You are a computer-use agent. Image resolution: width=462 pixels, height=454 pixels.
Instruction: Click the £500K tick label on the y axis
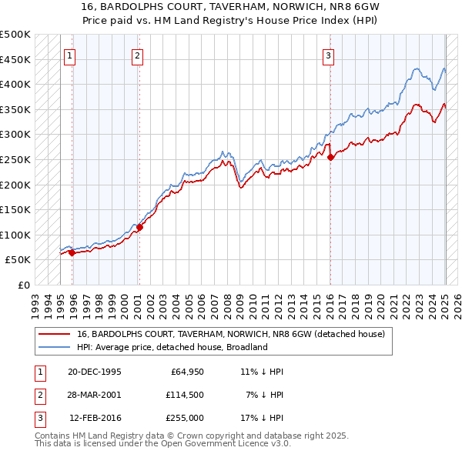click(x=15, y=35)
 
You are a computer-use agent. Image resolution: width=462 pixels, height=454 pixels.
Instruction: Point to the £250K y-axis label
click(x=15, y=159)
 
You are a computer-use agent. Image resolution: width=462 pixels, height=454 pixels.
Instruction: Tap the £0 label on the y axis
click(x=24, y=285)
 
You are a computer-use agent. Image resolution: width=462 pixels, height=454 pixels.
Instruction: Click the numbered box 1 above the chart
click(x=69, y=55)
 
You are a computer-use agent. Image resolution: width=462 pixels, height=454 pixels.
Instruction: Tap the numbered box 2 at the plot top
click(x=136, y=55)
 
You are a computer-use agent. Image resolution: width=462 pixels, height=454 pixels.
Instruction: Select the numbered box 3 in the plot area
click(x=328, y=55)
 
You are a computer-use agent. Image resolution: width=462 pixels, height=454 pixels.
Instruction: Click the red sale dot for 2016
click(x=330, y=157)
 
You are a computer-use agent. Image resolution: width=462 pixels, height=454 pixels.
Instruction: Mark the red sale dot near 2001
click(x=139, y=228)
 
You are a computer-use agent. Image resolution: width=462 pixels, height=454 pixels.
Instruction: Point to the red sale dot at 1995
click(x=72, y=252)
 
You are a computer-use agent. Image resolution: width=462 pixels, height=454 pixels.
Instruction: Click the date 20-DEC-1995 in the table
click(x=94, y=372)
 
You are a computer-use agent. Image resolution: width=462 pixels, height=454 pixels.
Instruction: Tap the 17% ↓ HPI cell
click(x=262, y=418)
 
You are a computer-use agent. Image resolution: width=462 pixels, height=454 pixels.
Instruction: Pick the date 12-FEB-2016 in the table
click(x=95, y=418)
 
